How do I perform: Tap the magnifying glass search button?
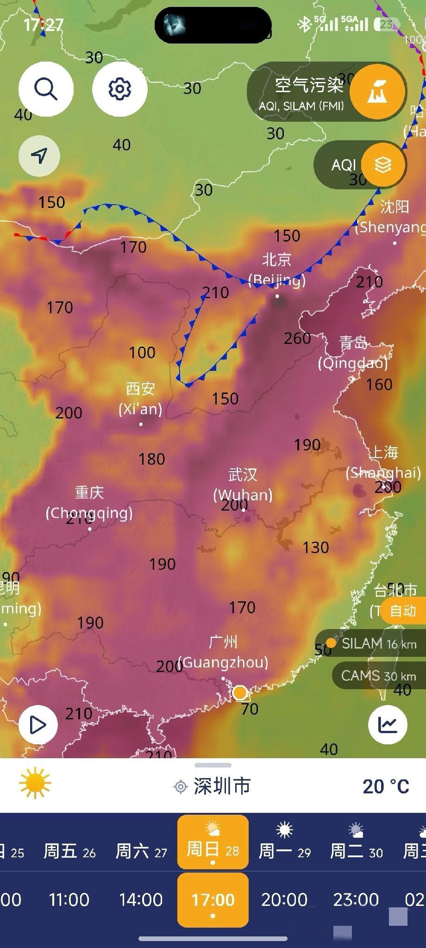(x=46, y=88)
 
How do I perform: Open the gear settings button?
(x=119, y=88)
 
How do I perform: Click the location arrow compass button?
(x=39, y=156)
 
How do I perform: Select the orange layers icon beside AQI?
(x=383, y=164)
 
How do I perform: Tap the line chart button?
(x=388, y=724)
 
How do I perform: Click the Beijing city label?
(x=277, y=270)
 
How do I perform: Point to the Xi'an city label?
(x=140, y=399)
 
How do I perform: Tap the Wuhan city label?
(x=243, y=484)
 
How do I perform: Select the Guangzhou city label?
(x=223, y=652)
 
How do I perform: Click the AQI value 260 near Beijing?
(x=297, y=338)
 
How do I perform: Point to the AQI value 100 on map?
(x=142, y=353)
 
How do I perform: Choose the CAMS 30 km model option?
(x=378, y=675)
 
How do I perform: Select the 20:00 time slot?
(x=284, y=899)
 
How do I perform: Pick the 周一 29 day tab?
(x=284, y=842)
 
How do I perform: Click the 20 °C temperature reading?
(x=386, y=786)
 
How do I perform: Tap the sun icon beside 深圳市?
(x=35, y=783)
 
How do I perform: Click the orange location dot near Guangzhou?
(x=240, y=693)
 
